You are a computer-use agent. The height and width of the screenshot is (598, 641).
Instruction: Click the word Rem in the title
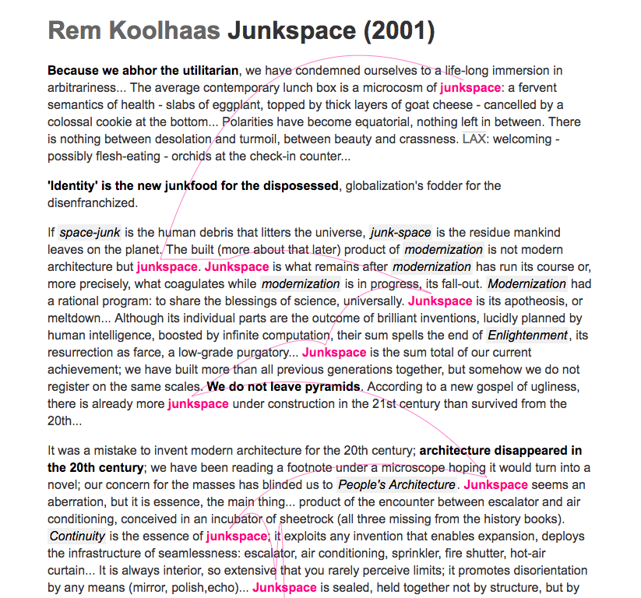(75, 31)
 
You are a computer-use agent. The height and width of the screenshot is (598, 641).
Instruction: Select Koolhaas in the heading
(164, 31)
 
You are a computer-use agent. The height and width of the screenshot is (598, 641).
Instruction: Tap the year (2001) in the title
(398, 31)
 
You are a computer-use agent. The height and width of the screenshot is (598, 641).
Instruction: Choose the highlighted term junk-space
(400, 232)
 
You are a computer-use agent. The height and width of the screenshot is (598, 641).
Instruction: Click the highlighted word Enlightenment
(527, 335)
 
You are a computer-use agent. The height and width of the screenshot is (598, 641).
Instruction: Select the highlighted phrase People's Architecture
(396, 485)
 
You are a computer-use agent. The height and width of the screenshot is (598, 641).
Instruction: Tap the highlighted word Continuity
(76, 536)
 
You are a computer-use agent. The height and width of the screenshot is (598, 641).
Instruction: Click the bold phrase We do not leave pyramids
(284, 387)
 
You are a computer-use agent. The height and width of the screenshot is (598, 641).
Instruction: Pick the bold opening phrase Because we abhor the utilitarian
(143, 71)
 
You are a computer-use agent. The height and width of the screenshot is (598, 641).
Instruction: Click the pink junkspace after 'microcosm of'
(470, 88)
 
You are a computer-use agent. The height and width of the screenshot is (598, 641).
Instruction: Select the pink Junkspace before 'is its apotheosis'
(440, 301)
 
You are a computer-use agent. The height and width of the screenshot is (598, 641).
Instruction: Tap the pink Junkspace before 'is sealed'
(284, 587)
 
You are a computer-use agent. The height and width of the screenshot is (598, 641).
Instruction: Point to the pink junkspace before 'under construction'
(198, 403)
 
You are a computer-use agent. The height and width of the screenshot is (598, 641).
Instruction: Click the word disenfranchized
(92, 202)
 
